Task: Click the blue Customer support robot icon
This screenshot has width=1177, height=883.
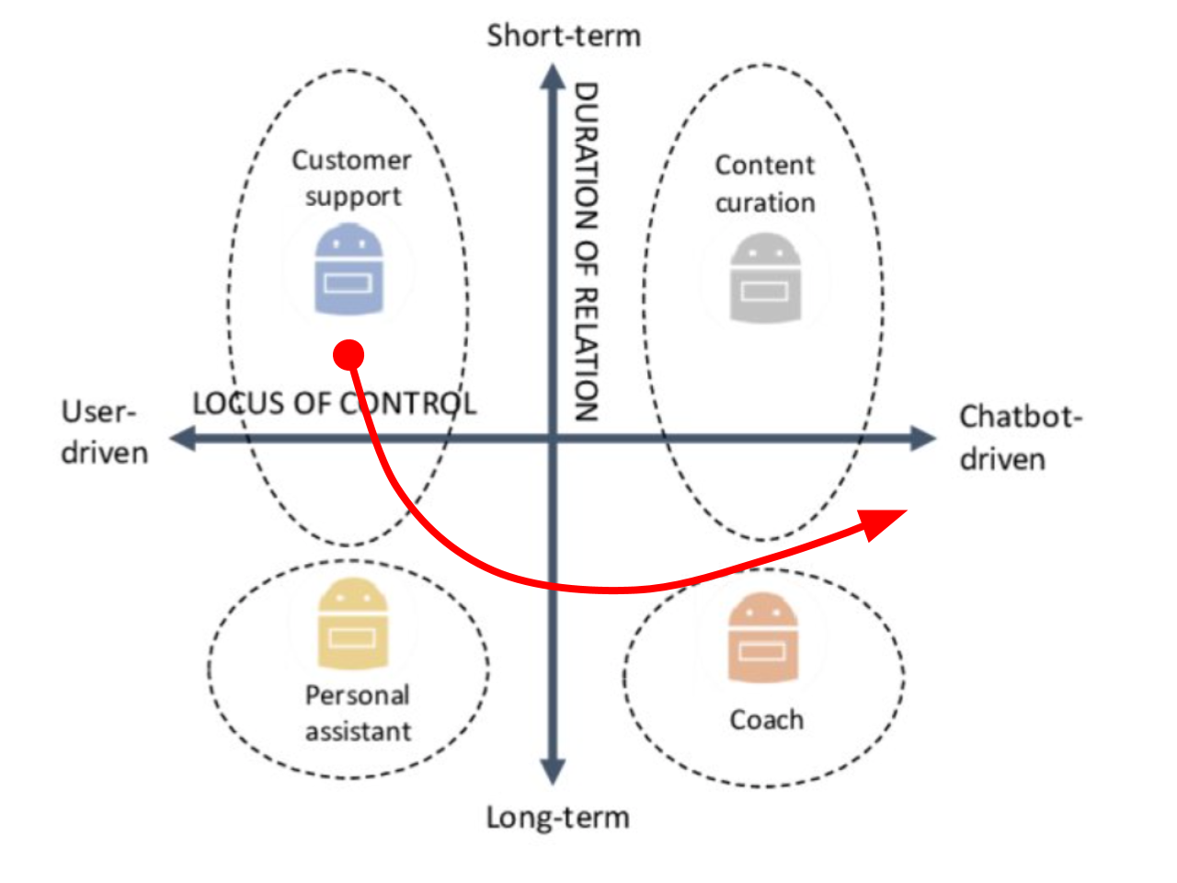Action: [349, 270]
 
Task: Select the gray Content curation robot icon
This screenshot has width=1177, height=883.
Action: [765, 278]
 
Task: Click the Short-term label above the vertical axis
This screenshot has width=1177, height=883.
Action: [564, 36]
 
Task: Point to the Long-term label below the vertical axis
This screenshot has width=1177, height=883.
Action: [558, 817]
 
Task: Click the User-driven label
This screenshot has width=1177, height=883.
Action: [104, 431]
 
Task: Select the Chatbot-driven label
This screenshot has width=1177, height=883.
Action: [1020, 437]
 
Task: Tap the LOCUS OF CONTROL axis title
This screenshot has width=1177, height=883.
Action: [334, 403]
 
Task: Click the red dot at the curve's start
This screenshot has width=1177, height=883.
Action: [349, 354]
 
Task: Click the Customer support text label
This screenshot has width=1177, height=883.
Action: [351, 178]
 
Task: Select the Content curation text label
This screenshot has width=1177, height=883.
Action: [765, 183]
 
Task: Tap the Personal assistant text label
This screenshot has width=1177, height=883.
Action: [358, 713]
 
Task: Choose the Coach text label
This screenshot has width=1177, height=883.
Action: [766, 719]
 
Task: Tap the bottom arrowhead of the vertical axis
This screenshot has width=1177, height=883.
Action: [552, 772]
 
